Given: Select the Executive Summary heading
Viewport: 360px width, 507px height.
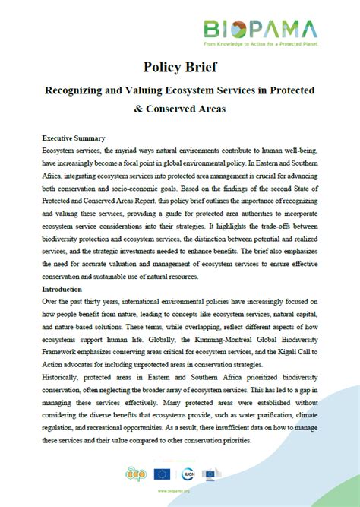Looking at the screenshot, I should [73, 138].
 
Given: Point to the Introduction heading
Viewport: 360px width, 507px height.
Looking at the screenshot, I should [63, 290].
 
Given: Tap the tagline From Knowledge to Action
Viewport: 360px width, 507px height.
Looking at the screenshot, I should [258, 46].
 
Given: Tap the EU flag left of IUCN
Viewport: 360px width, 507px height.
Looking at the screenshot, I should [162, 475].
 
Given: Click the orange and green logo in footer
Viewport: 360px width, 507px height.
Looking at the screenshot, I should [134, 475].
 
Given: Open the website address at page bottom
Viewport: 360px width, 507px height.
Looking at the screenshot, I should [180, 492].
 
